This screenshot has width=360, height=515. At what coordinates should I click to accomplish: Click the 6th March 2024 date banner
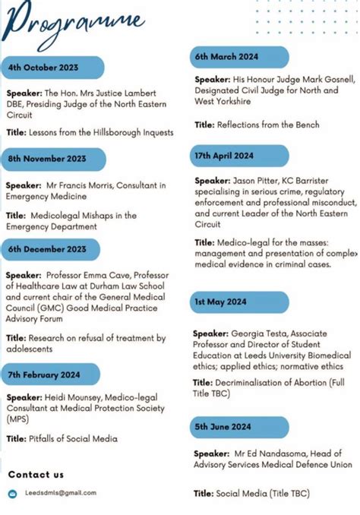click(228, 57)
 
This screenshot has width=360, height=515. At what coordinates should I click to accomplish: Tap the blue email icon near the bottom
click(12, 494)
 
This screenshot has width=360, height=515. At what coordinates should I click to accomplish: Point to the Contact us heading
click(36, 475)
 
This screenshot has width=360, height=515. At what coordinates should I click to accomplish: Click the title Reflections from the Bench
click(268, 125)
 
